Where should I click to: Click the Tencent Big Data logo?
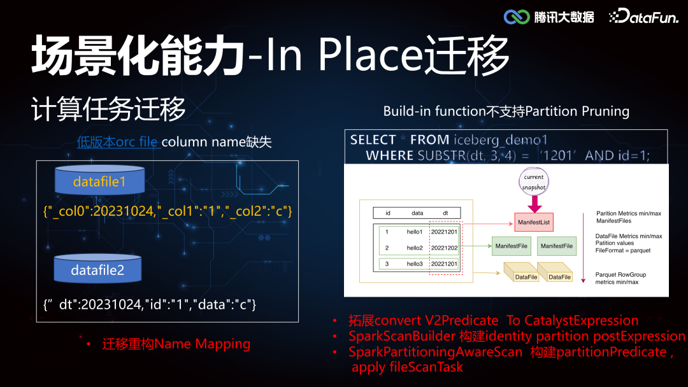coord(548,17)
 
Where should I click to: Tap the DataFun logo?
coord(644,17)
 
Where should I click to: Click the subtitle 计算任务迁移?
coord(108,109)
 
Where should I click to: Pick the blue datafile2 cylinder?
coord(97,269)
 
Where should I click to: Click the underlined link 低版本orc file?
coord(117,142)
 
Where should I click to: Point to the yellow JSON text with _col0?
coord(168,211)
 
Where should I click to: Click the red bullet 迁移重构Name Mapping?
coord(176,344)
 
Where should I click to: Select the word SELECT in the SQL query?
coord(373,140)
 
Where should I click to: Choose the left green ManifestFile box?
coord(510,246)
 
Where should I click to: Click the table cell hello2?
coord(415,248)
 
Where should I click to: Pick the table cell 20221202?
coord(444,248)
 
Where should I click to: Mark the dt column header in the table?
coord(445,214)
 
